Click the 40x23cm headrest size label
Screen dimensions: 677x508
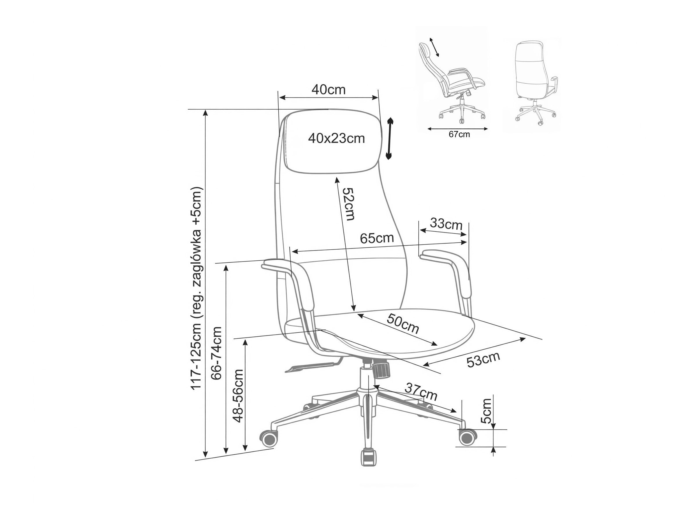336,138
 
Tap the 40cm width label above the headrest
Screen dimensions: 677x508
328,90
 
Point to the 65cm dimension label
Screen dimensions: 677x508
376,238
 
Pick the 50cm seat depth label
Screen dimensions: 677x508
403,324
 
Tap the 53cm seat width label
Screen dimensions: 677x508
483,359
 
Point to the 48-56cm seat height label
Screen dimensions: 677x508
238,396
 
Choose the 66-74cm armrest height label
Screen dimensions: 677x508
216,353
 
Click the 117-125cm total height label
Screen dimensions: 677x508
196,288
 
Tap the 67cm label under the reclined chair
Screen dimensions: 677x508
459,134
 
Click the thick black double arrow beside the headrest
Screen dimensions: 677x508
389,138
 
